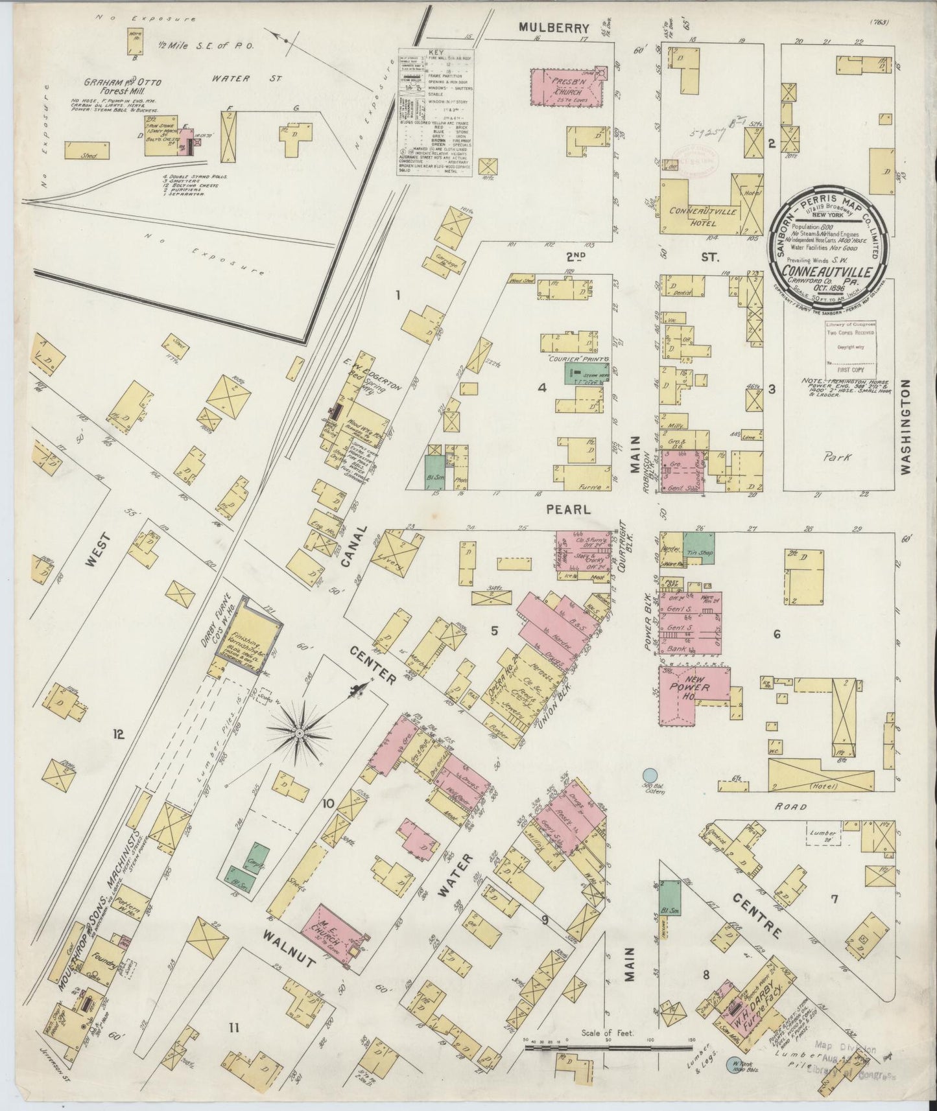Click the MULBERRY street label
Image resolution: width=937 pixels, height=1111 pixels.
(554, 28)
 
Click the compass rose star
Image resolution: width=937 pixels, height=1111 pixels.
(300, 733)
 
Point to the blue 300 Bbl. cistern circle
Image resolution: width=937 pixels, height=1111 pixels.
(647, 775)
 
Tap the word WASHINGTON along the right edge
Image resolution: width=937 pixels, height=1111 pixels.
(906, 427)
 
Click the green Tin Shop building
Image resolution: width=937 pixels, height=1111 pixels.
(697, 546)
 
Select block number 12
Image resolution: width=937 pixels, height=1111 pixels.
(118, 734)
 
